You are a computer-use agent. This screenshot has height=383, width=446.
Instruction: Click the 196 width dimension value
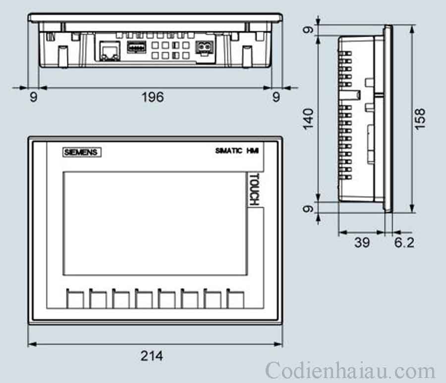coord(152,97)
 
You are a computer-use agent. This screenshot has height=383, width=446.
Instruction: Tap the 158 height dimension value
coord(420,119)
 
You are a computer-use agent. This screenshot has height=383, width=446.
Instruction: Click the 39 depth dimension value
coord(362,242)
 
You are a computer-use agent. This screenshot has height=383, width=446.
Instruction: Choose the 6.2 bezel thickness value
coord(404,242)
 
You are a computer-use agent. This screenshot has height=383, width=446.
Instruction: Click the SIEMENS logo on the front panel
coord(82,152)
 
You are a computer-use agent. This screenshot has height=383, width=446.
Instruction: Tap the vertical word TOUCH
coord(254,189)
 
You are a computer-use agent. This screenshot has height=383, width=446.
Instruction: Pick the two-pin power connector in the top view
coord(203,49)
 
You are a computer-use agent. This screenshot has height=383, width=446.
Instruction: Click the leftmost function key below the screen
coord(75,299)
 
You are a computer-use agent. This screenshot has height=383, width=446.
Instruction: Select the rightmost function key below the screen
coord(235,299)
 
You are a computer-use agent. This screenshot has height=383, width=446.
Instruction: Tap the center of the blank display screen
coord(154,223)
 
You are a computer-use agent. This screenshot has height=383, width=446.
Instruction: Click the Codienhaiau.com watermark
coord(350,371)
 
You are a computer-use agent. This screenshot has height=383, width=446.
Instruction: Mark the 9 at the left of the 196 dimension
coord(33,97)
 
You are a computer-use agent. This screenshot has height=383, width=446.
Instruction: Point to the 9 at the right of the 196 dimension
coord(276,97)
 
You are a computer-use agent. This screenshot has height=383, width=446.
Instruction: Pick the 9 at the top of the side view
coord(308,30)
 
